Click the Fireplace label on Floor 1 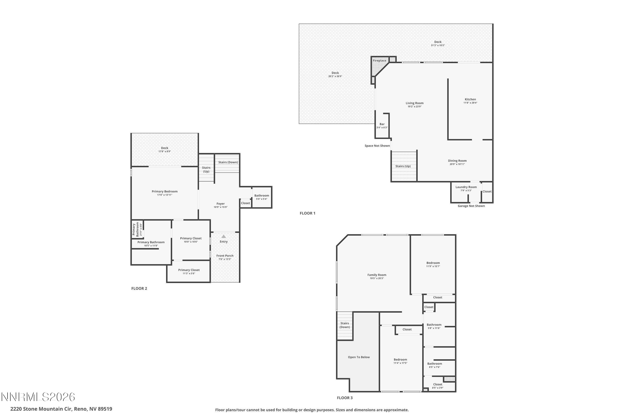(x=379, y=61)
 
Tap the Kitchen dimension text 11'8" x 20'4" (x=470, y=103)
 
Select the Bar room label (x=382, y=124)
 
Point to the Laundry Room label (x=466, y=187)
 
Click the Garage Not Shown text (x=471, y=206)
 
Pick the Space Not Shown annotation (x=377, y=146)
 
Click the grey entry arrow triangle (x=224, y=236)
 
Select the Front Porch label (x=225, y=256)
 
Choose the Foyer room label (x=220, y=204)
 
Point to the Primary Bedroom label (x=165, y=192)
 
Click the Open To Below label (x=359, y=357)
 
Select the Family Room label (x=376, y=275)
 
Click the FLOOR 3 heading (x=345, y=398)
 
